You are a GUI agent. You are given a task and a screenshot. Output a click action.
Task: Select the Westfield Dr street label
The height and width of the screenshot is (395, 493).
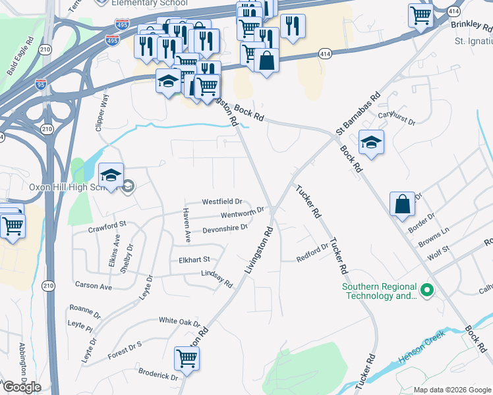coord(222,201)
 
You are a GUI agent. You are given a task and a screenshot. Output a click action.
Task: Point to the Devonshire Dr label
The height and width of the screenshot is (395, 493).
coord(225,228)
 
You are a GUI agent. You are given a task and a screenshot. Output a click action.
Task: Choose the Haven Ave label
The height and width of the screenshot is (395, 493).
coord(187,224)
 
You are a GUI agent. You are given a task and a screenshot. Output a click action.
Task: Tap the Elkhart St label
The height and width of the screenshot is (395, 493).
coord(194,259)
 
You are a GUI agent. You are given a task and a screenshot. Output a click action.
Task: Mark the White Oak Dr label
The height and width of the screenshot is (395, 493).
coord(179,321)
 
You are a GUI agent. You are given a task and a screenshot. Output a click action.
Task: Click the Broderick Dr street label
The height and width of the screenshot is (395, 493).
coord(158,375)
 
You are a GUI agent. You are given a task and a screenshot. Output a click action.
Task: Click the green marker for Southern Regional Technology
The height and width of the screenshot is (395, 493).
coord(426,289)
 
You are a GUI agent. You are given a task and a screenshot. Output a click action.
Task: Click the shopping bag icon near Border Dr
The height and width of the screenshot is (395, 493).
coord(402,204)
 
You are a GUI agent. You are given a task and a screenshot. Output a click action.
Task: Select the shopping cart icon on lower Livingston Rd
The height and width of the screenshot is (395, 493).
coord(187,359)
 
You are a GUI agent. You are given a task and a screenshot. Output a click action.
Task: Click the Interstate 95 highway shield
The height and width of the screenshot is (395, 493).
coord(41,84)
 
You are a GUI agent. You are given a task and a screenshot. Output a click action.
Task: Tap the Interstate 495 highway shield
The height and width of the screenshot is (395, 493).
coord(112,39)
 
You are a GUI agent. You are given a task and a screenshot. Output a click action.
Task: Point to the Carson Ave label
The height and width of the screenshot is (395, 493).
coord(93,286)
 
